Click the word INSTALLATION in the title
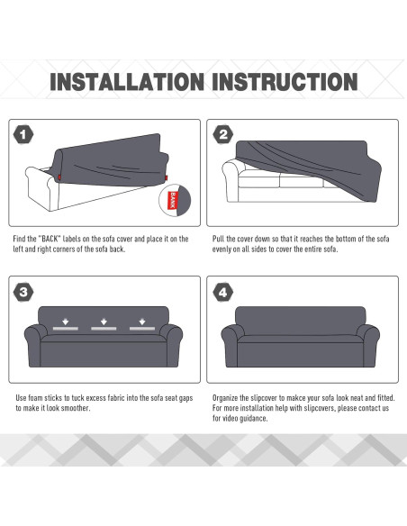pos(127,82)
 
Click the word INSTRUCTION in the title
pos(285,82)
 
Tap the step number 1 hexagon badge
pos(23,134)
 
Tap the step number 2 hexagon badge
pos(223,134)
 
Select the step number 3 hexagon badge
pos(23,292)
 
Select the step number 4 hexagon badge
pos(223,292)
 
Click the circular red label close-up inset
pos(175,200)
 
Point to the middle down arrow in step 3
pos(104,322)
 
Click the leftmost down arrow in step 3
pos(66,322)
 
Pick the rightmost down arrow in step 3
pos(142,322)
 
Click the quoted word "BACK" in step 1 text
pos(50,239)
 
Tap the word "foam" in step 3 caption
pos(35,398)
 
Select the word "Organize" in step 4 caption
pos(225,398)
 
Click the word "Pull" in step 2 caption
pos(218,239)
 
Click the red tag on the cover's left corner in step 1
pos(59,177)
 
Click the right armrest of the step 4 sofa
pos(369,345)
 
